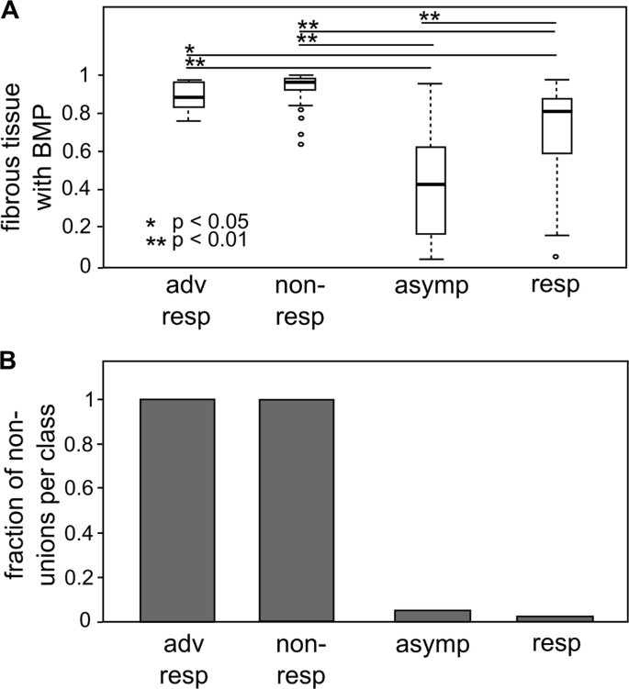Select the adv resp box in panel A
tap(190, 94)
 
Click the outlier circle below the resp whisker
tap(556, 256)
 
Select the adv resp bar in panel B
tap(190, 510)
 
